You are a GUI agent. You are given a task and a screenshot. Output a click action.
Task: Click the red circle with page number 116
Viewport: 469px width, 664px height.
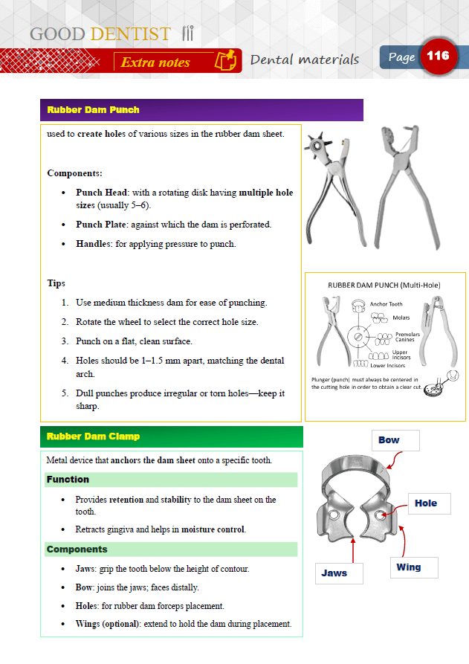(x=439, y=57)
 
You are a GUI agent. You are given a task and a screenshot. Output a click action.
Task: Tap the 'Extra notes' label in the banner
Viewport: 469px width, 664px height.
(x=155, y=62)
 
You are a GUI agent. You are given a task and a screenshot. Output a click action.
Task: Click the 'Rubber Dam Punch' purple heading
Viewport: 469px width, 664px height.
(x=93, y=110)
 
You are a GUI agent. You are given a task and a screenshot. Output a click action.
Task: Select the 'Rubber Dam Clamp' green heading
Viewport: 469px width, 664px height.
(x=93, y=436)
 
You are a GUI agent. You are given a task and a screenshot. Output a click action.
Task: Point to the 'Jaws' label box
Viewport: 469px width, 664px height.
(x=338, y=573)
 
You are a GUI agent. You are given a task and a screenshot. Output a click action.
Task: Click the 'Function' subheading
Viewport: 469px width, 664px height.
(x=68, y=480)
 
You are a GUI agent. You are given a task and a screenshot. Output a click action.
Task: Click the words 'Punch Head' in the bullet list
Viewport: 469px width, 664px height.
(x=102, y=193)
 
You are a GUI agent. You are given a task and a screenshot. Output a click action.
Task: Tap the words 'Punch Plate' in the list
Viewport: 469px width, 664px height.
(x=103, y=225)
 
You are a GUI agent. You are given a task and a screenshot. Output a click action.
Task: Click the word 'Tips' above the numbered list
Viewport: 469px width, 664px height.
(x=56, y=283)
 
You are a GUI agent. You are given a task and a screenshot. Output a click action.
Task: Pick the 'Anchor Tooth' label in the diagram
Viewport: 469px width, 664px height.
(x=386, y=304)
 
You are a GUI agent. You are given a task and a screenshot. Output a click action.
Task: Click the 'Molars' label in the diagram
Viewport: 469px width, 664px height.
(x=402, y=318)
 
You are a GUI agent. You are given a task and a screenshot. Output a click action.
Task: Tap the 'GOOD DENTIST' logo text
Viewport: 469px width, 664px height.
(x=100, y=34)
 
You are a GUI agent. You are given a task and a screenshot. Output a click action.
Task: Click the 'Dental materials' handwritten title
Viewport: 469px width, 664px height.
(x=305, y=59)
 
